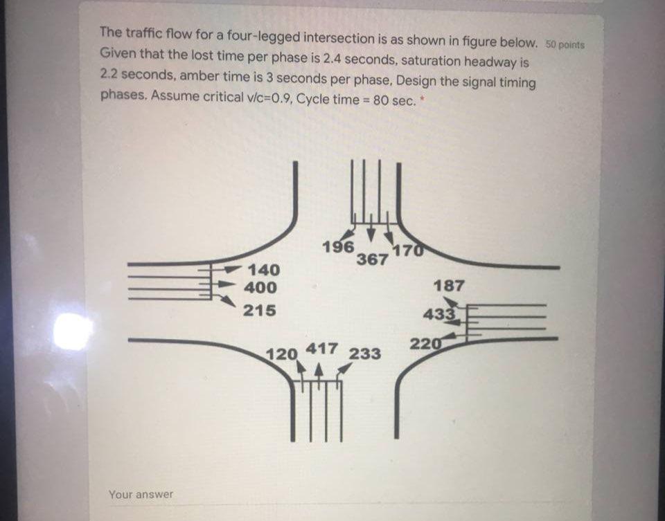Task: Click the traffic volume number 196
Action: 338,247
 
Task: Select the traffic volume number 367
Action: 372,260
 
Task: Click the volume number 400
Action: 263,287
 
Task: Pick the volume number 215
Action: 260,310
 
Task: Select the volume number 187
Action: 450,285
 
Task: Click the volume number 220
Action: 425,344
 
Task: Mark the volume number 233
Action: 364,354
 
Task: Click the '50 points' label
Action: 565,44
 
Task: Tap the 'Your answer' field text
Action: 141,494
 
